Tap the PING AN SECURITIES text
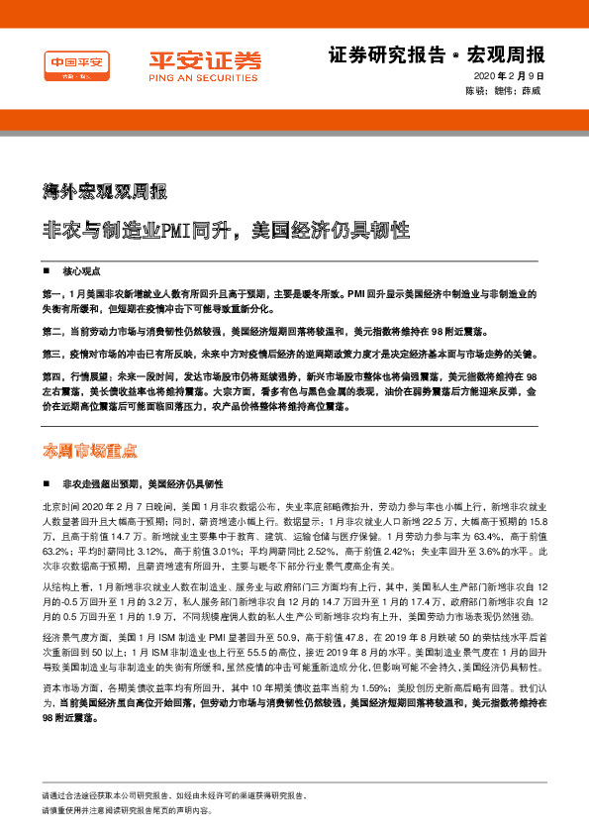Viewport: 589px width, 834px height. [x=206, y=74]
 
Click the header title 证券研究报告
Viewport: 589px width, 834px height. [x=373, y=53]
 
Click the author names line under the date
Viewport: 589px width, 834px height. [x=505, y=90]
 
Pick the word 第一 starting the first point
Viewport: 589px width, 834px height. [x=53, y=294]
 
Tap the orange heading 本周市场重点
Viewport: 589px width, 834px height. [x=91, y=449]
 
